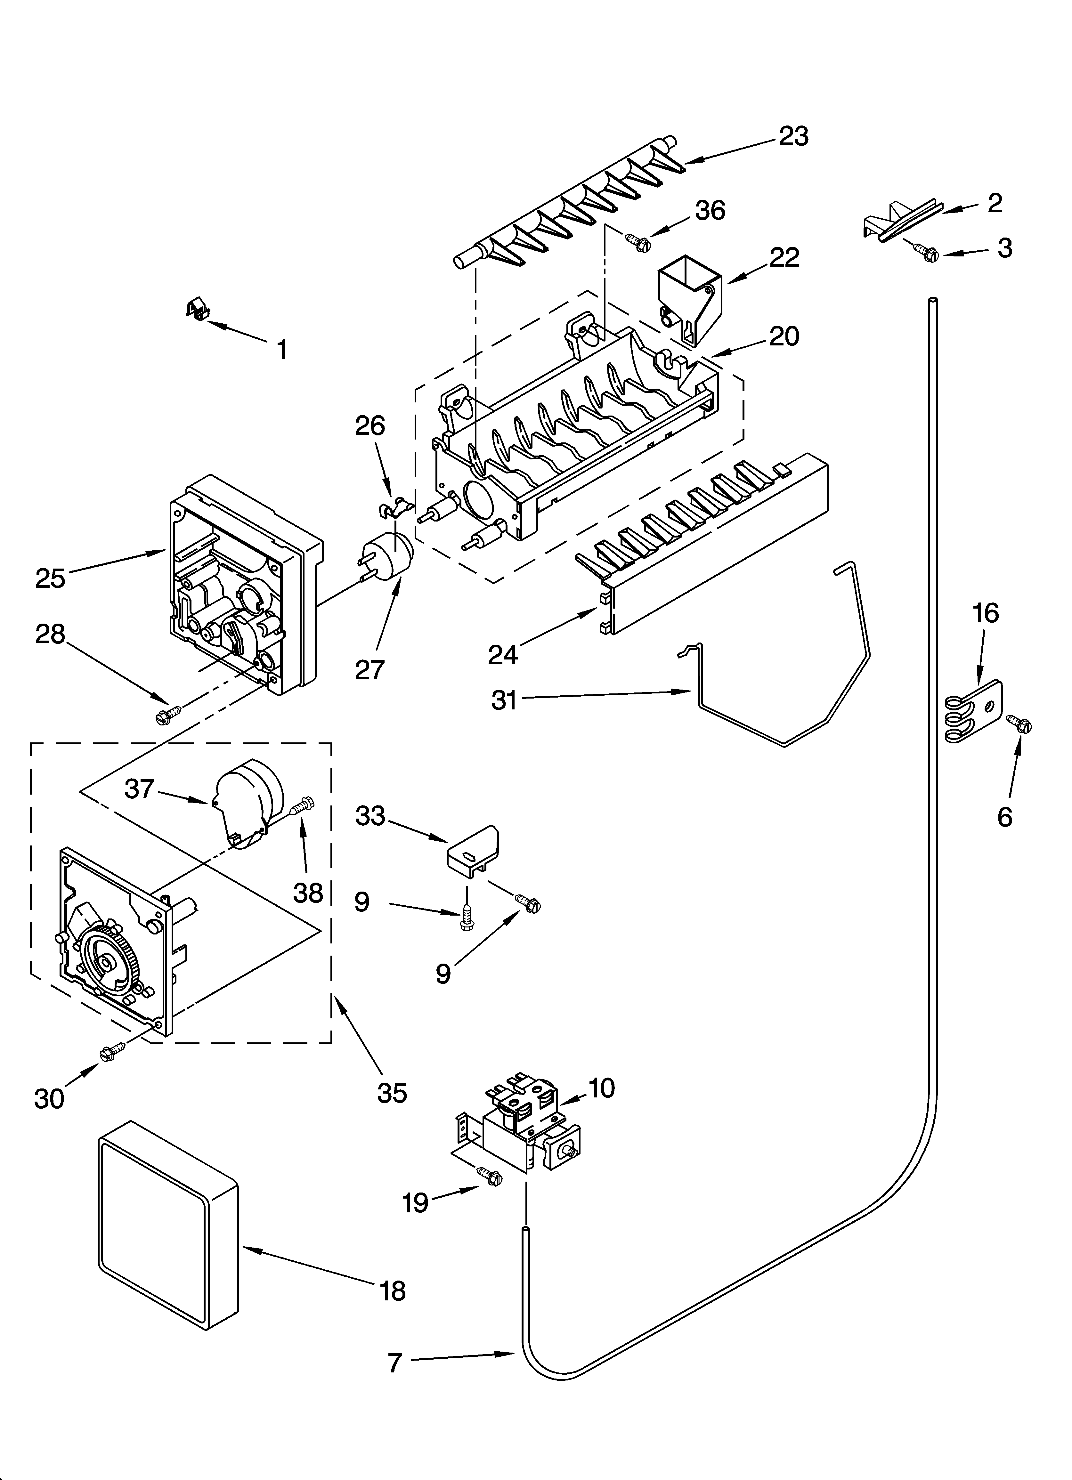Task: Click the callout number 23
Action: tap(793, 136)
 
